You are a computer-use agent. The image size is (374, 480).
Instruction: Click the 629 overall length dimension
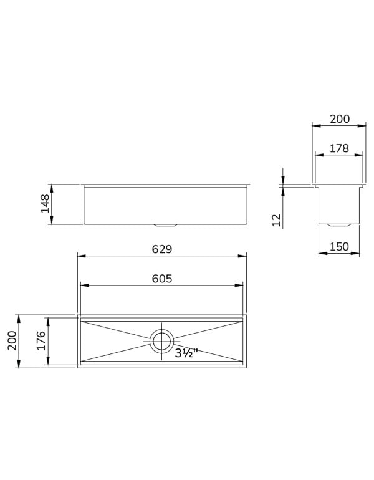(x=161, y=249)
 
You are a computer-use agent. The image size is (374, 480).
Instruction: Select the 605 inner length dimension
(x=161, y=279)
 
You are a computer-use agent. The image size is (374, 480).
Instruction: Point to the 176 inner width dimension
(x=42, y=342)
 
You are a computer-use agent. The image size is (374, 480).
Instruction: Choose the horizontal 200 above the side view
(x=339, y=118)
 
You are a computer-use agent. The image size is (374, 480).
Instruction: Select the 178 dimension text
(x=339, y=148)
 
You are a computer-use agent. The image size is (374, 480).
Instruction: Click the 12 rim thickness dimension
(x=277, y=219)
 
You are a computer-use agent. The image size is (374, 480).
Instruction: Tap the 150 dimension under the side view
(x=338, y=246)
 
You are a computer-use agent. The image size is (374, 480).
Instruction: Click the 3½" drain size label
(x=186, y=353)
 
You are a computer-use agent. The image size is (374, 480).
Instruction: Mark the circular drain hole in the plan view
(x=161, y=340)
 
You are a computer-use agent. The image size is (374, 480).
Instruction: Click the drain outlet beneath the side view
(x=339, y=223)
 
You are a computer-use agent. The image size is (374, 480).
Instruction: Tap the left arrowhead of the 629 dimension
(x=79, y=256)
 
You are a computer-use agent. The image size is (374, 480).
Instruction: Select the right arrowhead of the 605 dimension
(x=241, y=286)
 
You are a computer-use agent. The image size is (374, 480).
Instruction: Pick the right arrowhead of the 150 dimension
(x=357, y=253)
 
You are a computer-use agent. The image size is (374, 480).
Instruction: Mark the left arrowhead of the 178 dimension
(x=316, y=156)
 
